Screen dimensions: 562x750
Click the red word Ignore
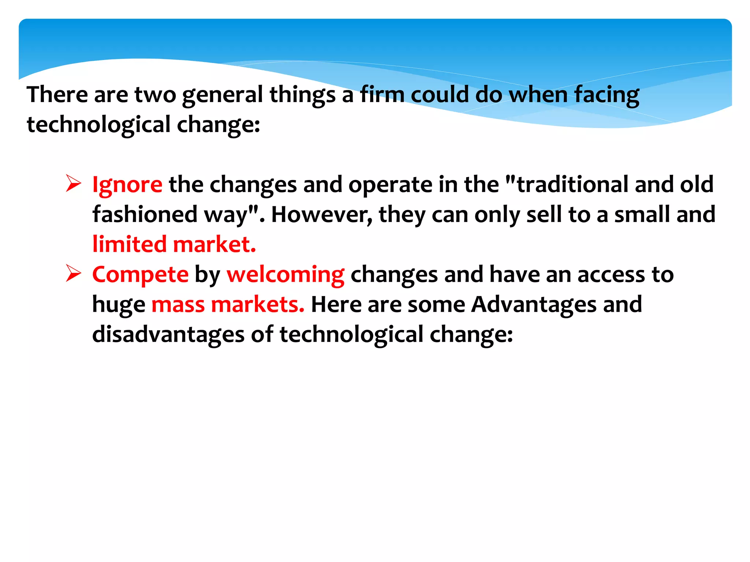127,184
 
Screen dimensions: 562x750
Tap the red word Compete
140,274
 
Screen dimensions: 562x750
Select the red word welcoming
285,274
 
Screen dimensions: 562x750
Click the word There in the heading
57,94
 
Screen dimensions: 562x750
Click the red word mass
178,304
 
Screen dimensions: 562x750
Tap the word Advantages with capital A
534,304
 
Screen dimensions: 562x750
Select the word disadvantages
168,334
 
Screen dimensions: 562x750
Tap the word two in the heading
155,94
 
